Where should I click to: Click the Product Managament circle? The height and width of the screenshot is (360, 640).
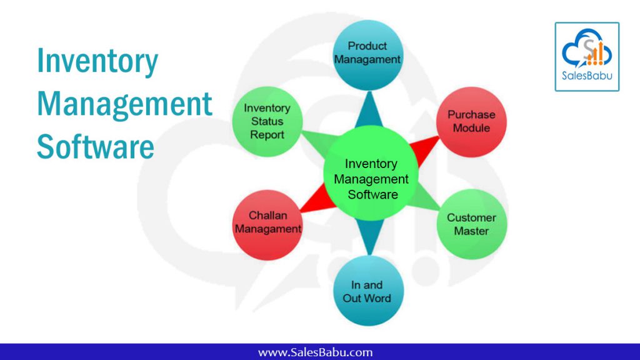coord(368,55)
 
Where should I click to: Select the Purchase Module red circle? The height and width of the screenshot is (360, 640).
coord(471,122)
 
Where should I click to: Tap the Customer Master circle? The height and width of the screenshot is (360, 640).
coord(472,224)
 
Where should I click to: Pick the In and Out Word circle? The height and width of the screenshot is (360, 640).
coord(369,291)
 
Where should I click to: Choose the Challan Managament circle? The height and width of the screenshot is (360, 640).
coord(267,225)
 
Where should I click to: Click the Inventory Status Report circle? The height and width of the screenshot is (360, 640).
coord(267,122)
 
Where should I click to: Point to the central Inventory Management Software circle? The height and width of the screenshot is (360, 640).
coord(371,174)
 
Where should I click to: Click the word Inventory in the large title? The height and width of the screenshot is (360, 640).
coord(97,61)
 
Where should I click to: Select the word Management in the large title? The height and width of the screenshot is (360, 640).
coord(124,104)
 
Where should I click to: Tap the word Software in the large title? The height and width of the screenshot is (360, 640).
coord(96,147)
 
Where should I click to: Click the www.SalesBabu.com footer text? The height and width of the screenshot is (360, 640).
coord(315,352)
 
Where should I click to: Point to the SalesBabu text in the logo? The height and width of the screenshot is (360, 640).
coord(587,76)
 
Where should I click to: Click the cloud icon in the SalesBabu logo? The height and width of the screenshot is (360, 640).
coord(587,47)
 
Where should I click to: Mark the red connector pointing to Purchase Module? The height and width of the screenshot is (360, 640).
coord(424,149)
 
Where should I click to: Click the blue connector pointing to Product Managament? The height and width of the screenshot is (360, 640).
coord(369,109)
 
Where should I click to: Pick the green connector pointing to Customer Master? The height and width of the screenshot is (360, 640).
coord(424,199)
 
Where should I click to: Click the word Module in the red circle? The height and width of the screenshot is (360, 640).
coord(471,128)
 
